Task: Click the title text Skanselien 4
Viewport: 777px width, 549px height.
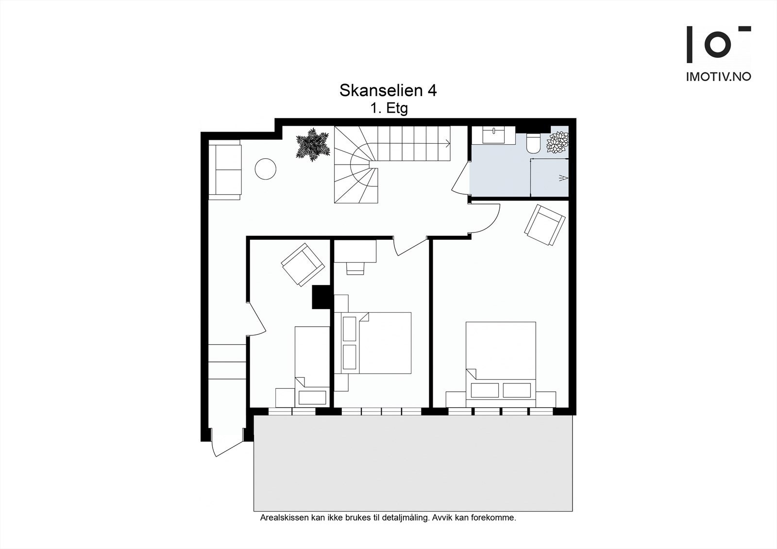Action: point(388,90)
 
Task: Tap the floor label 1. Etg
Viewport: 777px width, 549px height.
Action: point(388,108)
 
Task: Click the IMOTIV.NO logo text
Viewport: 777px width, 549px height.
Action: point(718,77)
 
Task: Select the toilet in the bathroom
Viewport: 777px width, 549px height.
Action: point(533,144)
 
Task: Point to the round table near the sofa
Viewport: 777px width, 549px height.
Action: point(266,169)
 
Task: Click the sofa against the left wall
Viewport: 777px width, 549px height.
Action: point(225,169)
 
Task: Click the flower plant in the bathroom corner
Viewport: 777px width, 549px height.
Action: point(557,142)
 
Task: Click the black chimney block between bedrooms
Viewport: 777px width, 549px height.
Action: point(321,297)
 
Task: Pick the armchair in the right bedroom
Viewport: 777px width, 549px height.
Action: point(544,225)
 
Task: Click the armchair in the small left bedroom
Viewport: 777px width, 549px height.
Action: point(303,265)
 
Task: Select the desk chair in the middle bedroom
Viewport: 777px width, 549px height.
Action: point(355,268)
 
